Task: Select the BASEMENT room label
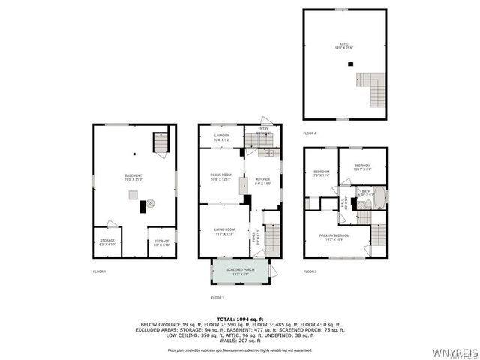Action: (x=134, y=178)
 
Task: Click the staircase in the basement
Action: (x=160, y=142)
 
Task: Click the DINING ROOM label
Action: (x=221, y=176)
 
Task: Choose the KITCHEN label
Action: (x=262, y=181)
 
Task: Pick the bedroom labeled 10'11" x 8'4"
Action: (x=362, y=166)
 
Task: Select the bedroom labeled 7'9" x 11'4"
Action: (x=322, y=174)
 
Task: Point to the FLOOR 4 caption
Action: (x=310, y=133)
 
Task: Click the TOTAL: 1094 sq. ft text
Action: (x=239, y=319)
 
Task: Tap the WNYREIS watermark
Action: (x=453, y=351)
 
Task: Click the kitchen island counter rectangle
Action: (x=242, y=186)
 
